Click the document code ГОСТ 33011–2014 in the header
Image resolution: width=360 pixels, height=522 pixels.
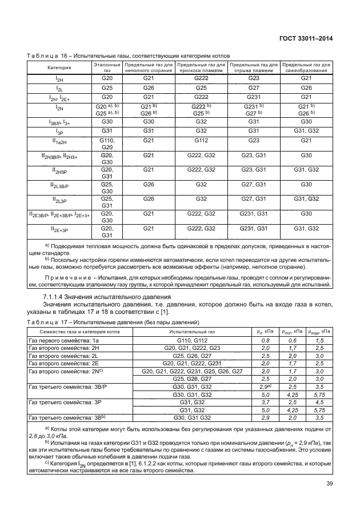305,39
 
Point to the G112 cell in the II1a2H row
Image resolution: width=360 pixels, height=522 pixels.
201,140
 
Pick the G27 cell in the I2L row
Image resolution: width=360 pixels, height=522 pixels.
254,87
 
